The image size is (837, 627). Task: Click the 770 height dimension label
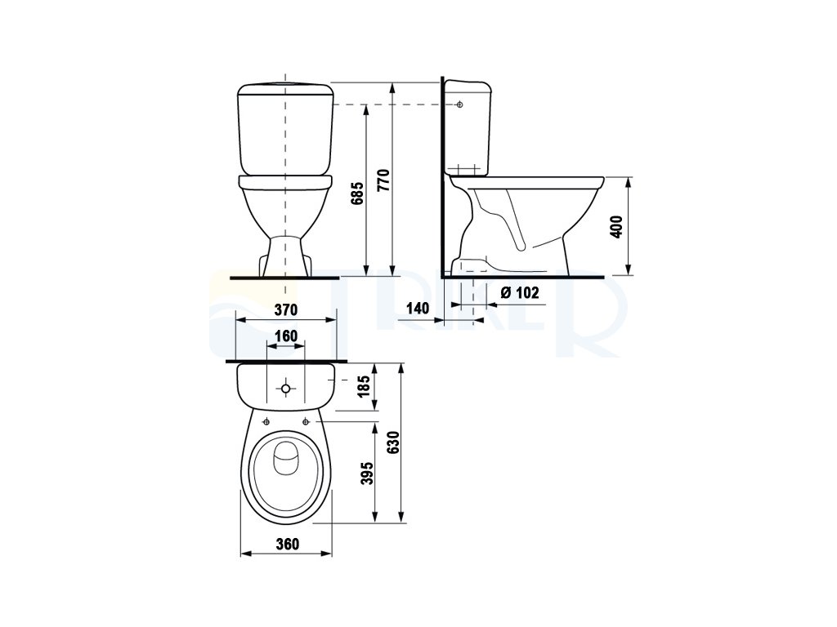[x=384, y=180]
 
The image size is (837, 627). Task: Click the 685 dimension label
[x=358, y=193]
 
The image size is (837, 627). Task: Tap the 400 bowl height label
[x=616, y=226]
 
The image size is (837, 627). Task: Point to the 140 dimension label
[x=418, y=308]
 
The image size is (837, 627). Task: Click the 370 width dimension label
[x=285, y=309]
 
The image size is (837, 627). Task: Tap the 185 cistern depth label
[x=364, y=386]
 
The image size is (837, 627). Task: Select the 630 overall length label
[x=392, y=442]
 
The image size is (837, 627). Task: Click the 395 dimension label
[x=367, y=474]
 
